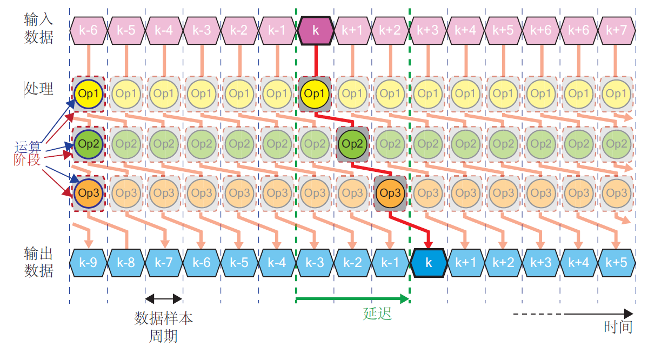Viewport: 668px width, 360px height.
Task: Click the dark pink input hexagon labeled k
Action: (x=316, y=30)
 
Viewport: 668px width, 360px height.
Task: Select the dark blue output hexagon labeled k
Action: (x=429, y=263)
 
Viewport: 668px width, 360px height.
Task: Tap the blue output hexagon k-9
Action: (x=88, y=263)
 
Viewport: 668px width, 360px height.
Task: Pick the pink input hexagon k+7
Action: (x=616, y=30)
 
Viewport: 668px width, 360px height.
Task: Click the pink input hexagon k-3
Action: (x=202, y=30)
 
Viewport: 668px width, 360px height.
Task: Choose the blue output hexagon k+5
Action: (x=616, y=263)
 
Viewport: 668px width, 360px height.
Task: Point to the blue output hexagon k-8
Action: (x=126, y=263)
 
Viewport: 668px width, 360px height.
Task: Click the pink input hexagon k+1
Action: (x=353, y=30)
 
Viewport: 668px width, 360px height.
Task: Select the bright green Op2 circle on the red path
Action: (x=352, y=144)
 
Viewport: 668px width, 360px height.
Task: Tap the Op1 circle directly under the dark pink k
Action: (x=315, y=94)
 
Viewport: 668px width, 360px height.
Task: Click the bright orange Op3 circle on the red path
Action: (x=390, y=193)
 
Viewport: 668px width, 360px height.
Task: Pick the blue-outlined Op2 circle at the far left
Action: (x=88, y=144)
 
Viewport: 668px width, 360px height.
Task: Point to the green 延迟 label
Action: (x=377, y=314)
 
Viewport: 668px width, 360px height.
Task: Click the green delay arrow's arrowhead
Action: (x=405, y=298)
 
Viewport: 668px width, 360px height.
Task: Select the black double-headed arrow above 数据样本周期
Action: (x=164, y=298)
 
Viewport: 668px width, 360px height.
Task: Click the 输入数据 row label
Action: (x=39, y=28)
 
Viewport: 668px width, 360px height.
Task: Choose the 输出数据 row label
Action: (x=39, y=262)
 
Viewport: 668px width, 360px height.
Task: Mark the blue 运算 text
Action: (x=28, y=146)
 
